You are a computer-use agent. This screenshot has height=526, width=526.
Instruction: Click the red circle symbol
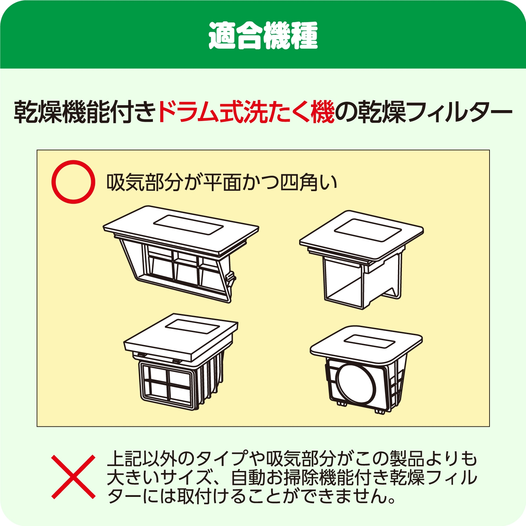point(73,182)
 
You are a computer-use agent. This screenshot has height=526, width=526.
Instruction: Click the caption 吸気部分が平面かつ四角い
point(222,182)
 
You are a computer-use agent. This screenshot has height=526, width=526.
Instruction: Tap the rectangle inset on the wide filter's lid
point(189,224)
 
